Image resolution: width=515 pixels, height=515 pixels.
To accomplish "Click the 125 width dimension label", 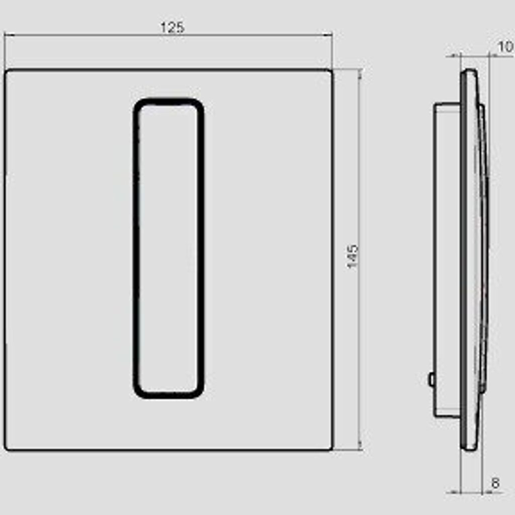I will tap(172, 28).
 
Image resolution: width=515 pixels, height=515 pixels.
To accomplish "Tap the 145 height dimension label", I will tap(352, 256).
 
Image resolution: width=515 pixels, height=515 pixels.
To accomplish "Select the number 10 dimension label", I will tap(505, 47).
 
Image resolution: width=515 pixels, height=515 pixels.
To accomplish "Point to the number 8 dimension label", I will tap(495, 484).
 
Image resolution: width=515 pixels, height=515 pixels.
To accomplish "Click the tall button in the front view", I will tap(168, 248).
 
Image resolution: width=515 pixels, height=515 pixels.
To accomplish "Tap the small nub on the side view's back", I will tap(432, 379).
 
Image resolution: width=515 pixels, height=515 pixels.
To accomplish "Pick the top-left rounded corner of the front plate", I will tap(7, 72).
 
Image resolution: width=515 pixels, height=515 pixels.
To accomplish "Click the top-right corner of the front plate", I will tap(330, 72).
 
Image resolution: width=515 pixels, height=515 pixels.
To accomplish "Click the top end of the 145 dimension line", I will tap(360, 70).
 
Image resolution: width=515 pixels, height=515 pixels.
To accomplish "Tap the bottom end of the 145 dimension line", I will tap(360, 449).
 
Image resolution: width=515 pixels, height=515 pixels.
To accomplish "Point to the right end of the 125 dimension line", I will tap(331, 35).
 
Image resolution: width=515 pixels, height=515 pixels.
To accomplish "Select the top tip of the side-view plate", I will tap(469, 70).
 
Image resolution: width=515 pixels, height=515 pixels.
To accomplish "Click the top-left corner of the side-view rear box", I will tap(436, 105).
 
